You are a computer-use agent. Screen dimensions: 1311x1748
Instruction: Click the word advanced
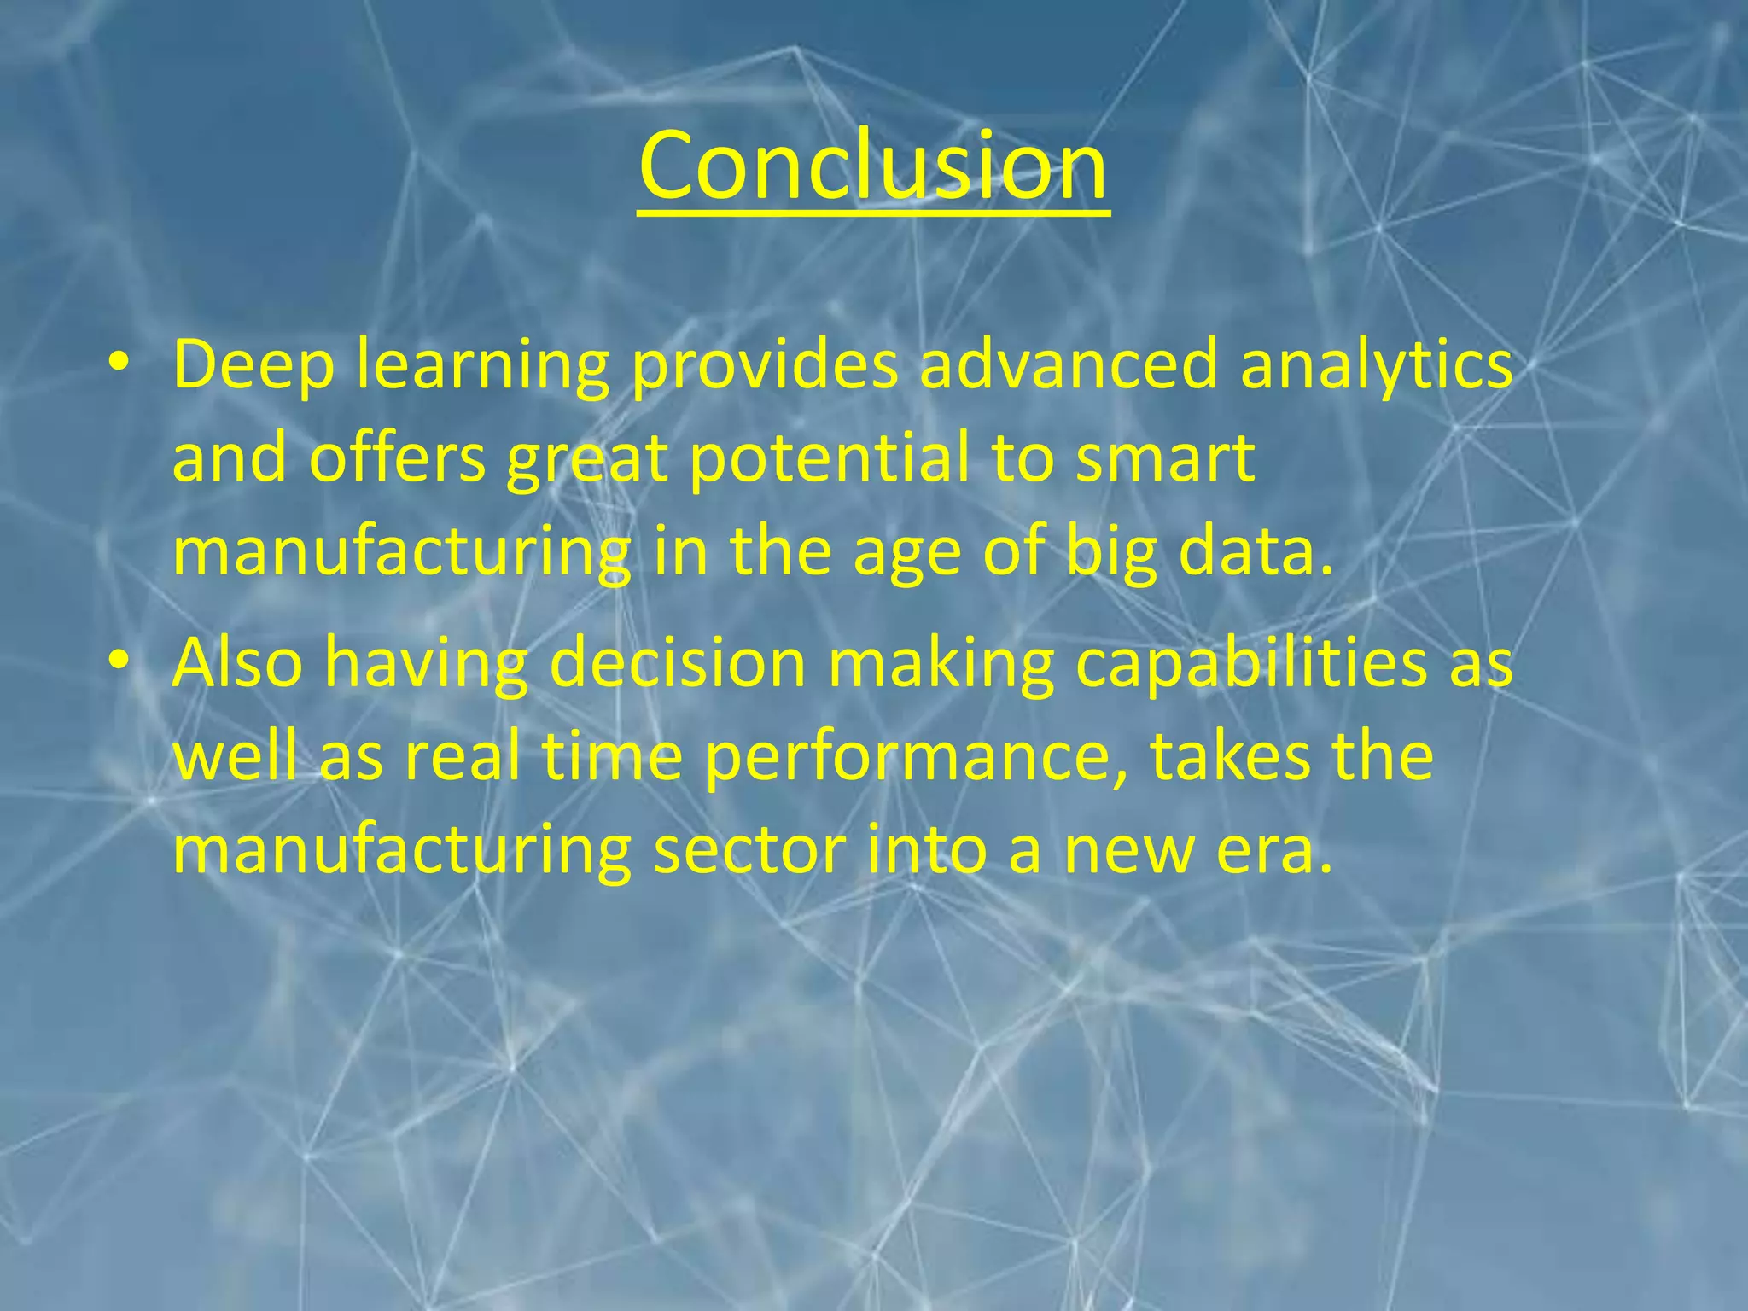point(1068,364)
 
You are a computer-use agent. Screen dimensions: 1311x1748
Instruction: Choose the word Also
point(237,662)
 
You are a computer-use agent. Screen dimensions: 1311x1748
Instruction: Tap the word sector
point(749,851)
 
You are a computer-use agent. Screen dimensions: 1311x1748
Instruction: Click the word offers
point(397,458)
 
